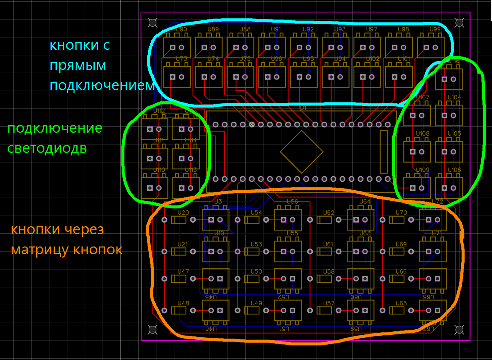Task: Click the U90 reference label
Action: tap(181, 29)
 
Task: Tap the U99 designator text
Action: tap(435, 29)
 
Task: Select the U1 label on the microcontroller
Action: tap(303, 108)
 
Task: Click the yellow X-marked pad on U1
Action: tap(252, 125)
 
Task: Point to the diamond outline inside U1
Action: tap(301, 152)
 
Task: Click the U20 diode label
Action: tap(183, 213)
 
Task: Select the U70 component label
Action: tap(401, 213)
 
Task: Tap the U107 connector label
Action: tap(423, 97)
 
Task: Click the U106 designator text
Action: tap(454, 170)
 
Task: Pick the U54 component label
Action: tap(256, 213)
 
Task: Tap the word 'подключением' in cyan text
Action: tap(102, 86)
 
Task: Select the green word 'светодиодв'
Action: tap(47, 148)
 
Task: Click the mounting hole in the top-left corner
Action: tap(153, 23)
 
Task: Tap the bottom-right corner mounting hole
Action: tap(459, 330)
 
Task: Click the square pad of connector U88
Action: tap(236, 48)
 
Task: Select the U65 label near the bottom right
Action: tap(401, 303)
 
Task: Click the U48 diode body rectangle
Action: tap(179, 311)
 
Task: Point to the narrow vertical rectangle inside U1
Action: tap(383, 152)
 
